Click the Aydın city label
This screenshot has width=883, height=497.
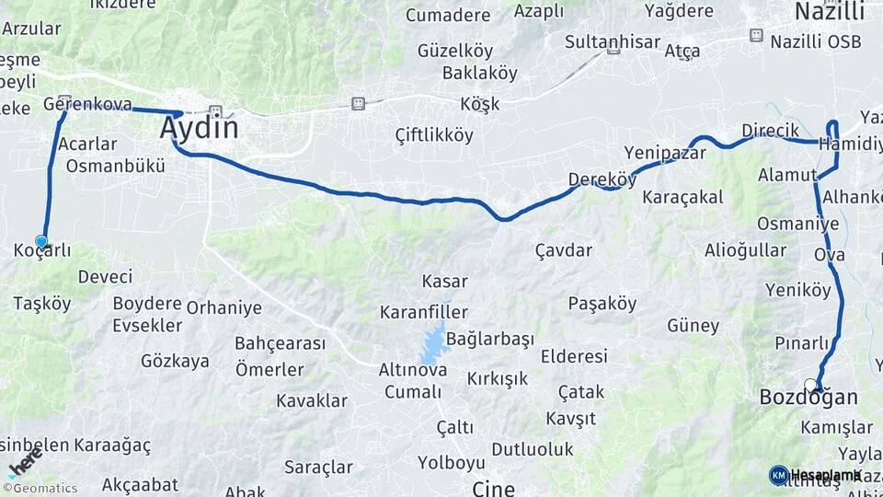(x=199, y=127)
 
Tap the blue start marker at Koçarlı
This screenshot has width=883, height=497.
(x=41, y=241)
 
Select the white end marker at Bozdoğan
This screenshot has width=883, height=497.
(x=810, y=385)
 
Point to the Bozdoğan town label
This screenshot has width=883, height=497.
(x=808, y=398)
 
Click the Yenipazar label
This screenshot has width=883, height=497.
(x=664, y=152)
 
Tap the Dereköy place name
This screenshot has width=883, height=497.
(x=602, y=179)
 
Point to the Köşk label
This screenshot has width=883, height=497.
(x=480, y=103)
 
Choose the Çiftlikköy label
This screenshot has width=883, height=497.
(x=433, y=135)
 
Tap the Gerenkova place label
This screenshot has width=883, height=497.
(x=87, y=104)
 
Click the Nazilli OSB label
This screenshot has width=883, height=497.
(x=816, y=41)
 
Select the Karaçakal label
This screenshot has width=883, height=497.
(x=682, y=197)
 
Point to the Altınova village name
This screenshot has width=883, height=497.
(x=413, y=370)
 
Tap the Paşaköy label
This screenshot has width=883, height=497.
(x=602, y=303)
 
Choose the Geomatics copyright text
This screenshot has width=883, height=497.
(x=40, y=489)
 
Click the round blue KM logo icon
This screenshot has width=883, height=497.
(x=778, y=475)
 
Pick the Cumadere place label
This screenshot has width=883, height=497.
(x=448, y=15)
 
